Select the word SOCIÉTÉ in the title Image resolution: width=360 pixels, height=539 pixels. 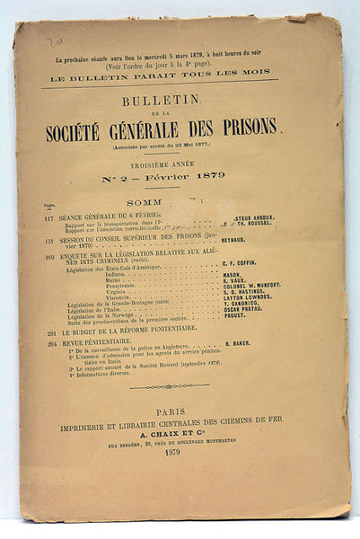coord(100,127)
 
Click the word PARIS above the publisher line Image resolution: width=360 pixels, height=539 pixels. coord(180,412)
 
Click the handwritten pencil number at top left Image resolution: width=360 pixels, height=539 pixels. coord(55,40)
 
